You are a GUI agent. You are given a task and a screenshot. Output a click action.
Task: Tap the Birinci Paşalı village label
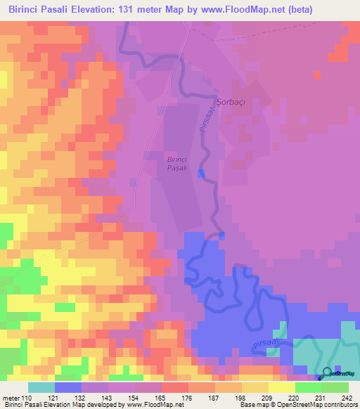tap(177, 163)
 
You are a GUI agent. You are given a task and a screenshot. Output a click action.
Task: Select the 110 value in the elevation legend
tap(26, 398)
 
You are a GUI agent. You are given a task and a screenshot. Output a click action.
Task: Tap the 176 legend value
tap(187, 398)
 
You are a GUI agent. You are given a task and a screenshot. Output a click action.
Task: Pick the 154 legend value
tap(134, 398)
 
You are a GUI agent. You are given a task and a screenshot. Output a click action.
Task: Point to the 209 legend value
tap(267, 398)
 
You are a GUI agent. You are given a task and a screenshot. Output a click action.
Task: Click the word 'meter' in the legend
tap(10, 398)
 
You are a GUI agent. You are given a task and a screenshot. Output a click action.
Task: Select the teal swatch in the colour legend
tap(41, 387)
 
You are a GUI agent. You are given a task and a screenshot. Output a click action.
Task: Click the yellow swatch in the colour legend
tap(282, 387)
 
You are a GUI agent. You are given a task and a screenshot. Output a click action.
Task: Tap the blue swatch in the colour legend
tap(68, 387)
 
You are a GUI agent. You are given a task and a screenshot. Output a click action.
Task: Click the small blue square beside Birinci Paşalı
tap(202, 174)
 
